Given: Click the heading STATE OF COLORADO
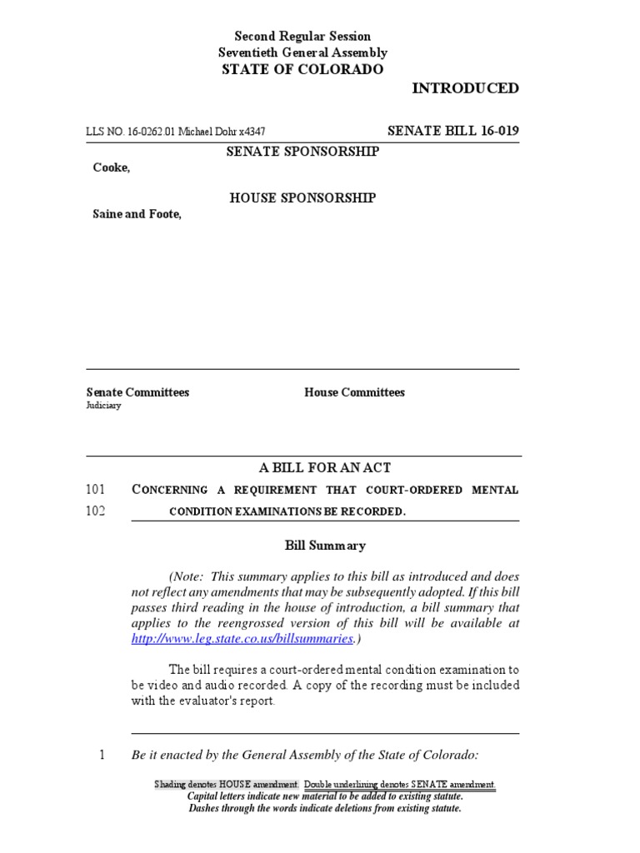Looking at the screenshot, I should pyautogui.click(x=302, y=70).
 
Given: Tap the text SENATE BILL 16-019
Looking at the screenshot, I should pyautogui.click(x=453, y=131).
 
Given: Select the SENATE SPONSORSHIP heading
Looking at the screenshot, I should pyautogui.click(x=302, y=152).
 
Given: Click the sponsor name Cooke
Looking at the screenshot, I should pyautogui.click(x=110, y=167).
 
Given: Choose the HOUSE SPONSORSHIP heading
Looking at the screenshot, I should pyautogui.click(x=302, y=198).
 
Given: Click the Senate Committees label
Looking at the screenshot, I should pyautogui.click(x=137, y=392).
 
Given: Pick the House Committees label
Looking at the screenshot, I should pyautogui.click(x=354, y=392).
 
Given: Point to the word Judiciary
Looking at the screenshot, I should pyautogui.click(x=103, y=407).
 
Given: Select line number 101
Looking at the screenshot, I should pyautogui.click(x=95, y=490).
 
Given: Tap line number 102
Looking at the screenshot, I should pyautogui.click(x=95, y=511).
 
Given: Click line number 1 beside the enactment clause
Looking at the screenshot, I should pyautogui.click(x=102, y=756).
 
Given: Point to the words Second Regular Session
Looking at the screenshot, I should pyautogui.click(x=302, y=37).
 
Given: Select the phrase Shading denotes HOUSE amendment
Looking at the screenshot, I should pyautogui.click(x=227, y=785).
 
